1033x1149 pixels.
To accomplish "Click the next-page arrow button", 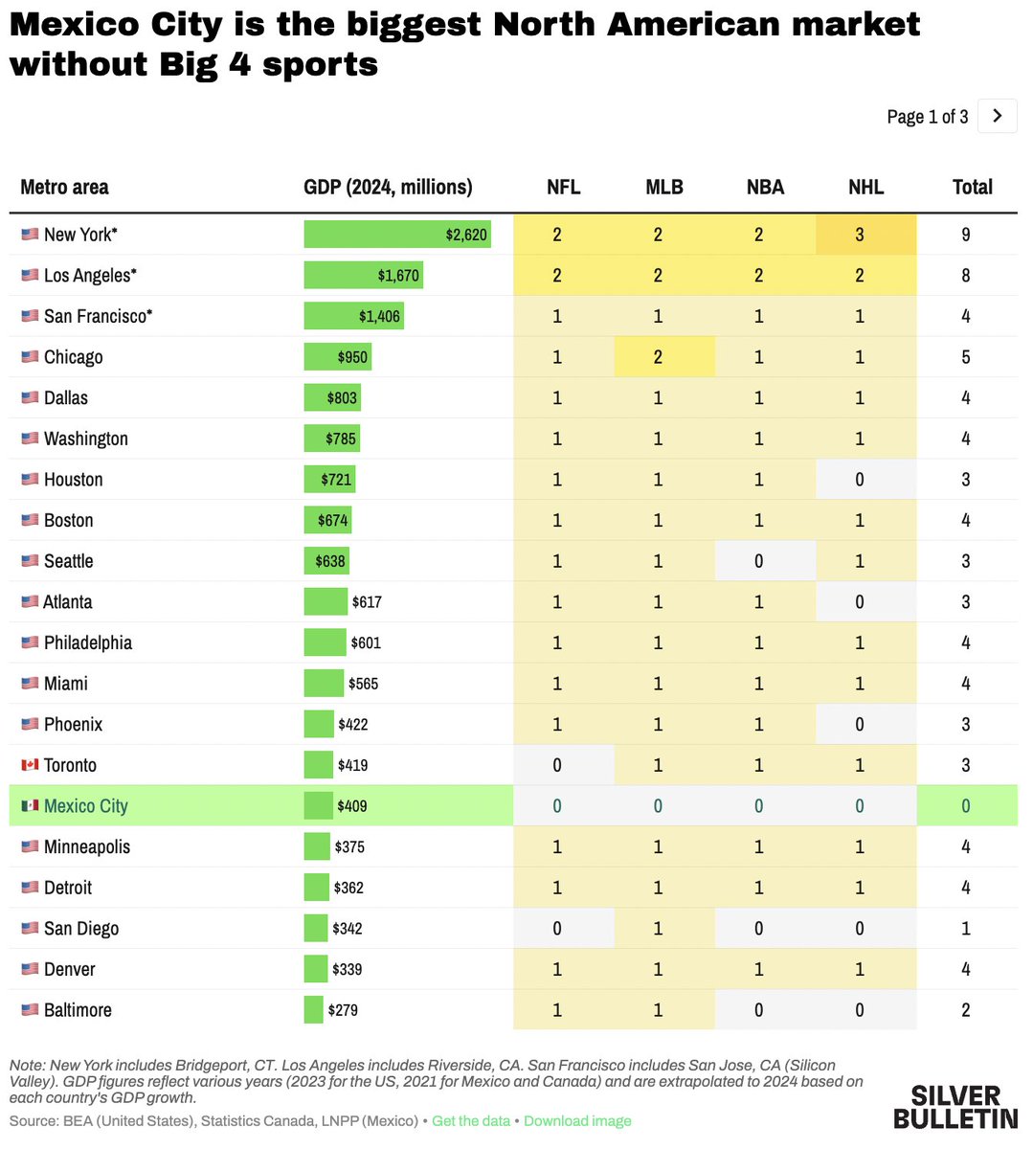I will click(x=997, y=116).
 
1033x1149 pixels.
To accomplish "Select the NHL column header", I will click(x=865, y=187).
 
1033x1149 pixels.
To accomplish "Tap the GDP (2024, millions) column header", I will click(x=388, y=187).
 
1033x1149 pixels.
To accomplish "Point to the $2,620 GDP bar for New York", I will click(x=397, y=235).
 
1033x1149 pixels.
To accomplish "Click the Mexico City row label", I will click(x=85, y=806).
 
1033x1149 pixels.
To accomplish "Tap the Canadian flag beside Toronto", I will click(x=30, y=765).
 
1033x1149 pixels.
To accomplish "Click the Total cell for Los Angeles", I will click(x=965, y=276).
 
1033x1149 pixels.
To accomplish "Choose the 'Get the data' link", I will click(x=470, y=1120).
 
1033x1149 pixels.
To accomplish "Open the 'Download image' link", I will click(x=577, y=1120).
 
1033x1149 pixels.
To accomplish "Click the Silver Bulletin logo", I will click(x=954, y=1107).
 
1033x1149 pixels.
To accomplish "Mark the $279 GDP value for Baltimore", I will click(x=343, y=1010).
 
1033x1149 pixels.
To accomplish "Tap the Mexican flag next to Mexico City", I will click(x=30, y=806).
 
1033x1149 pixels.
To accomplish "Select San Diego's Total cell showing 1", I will click(x=965, y=929).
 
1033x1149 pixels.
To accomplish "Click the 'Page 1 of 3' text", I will click(x=927, y=117).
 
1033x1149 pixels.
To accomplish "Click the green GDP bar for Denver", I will click(x=316, y=969).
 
